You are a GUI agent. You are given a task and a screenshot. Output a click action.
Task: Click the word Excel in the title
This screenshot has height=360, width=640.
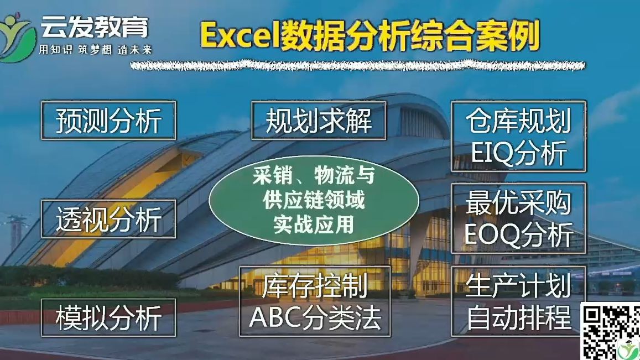[x=240, y=36]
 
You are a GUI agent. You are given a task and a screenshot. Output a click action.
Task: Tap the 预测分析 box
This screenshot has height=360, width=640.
[x=108, y=120]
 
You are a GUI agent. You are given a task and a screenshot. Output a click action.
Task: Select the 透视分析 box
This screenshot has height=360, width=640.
[x=108, y=219]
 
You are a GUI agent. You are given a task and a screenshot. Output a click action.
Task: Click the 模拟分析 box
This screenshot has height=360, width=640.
[x=108, y=318]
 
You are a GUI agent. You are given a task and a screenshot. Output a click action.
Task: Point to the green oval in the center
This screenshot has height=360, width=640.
[x=314, y=201]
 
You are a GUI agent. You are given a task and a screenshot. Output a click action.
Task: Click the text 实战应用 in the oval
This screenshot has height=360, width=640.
[x=314, y=225]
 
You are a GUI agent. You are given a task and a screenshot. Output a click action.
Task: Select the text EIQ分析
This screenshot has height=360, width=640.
[x=518, y=154]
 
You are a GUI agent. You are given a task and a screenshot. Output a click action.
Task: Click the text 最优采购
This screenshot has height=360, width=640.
[x=518, y=202]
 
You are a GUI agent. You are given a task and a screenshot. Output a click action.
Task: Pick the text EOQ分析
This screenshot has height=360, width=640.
[x=518, y=236]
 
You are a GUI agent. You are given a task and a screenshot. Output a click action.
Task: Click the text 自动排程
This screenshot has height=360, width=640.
[x=518, y=318]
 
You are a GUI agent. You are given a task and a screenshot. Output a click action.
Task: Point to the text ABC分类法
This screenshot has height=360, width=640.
[x=315, y=318]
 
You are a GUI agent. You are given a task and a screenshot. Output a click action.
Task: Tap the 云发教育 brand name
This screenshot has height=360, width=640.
[x=94, y=26]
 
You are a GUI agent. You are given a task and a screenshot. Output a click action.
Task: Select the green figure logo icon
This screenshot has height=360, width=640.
[x=17, y=36]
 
